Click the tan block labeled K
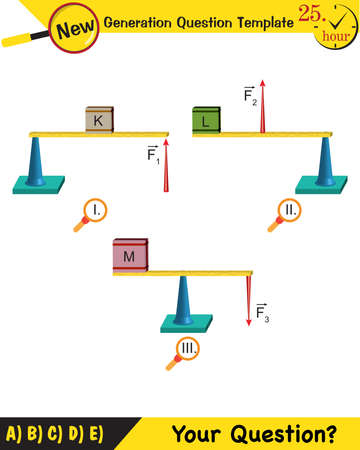(x=99, y=119)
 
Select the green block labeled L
(x=206, y=119)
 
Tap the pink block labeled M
(x=130, y=256)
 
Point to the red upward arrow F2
(x=263, y=105)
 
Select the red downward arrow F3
(x=248, y=298)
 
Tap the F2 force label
(x=250, y=96)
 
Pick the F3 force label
(x=262, y=313)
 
